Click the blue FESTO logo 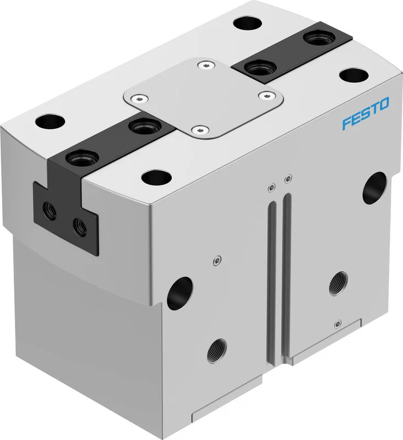tap(366, 113)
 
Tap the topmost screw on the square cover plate tap(206, 65)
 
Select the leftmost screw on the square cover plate tap(140, 98)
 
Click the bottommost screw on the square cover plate tap(200, 130)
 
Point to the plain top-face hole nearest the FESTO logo tap(354, 75)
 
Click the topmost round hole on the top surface tap(248, 23)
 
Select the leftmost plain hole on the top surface tap(50, 122)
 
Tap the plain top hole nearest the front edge tap(156, 178)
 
